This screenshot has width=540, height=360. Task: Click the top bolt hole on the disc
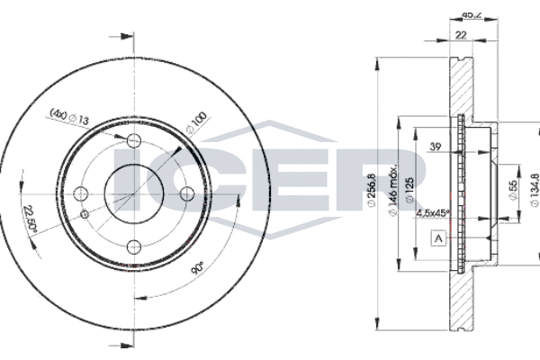[134, 140]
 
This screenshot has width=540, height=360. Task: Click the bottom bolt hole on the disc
[134, 246]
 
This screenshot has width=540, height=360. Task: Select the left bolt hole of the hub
[81, 193]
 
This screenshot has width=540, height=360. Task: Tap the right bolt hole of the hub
[187, 193]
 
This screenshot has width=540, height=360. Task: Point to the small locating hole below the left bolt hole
[85, 214]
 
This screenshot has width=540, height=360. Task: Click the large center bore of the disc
[134, 193]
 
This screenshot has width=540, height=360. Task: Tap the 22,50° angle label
[33, 216]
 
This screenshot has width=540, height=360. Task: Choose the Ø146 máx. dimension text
[393, 193]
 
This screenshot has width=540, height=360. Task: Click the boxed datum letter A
[438, 238]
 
